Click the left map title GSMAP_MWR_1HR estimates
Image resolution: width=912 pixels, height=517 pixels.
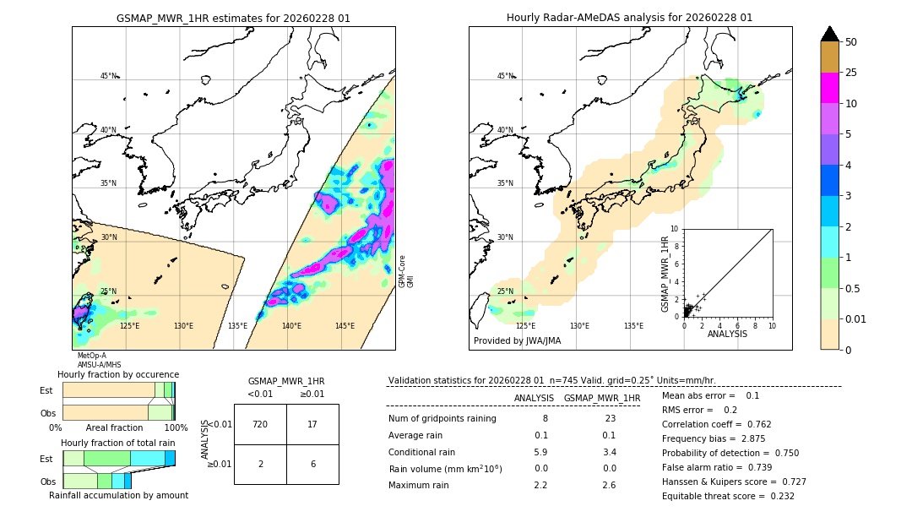[233, 18]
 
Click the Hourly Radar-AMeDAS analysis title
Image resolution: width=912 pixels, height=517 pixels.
[629, 18]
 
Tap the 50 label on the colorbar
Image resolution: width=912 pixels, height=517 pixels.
[851, 42]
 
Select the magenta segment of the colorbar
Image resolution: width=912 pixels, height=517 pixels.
[829, 88]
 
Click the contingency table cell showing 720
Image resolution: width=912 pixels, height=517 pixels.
[260, 424]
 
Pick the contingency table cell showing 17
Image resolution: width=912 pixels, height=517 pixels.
[312, 424]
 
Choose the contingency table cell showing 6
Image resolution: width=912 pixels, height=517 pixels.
[312, 464]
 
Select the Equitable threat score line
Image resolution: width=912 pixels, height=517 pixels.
[728, 496]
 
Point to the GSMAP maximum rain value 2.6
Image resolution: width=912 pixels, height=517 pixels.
[608, 486]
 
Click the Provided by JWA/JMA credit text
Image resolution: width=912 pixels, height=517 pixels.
[517, 340]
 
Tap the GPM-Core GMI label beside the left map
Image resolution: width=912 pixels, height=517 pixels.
[406, 271]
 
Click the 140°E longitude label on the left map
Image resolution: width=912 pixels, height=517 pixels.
[291, 326]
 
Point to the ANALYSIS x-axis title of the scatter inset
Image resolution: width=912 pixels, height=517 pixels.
[727, 335]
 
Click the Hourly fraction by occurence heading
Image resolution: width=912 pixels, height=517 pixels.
[118, 374]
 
